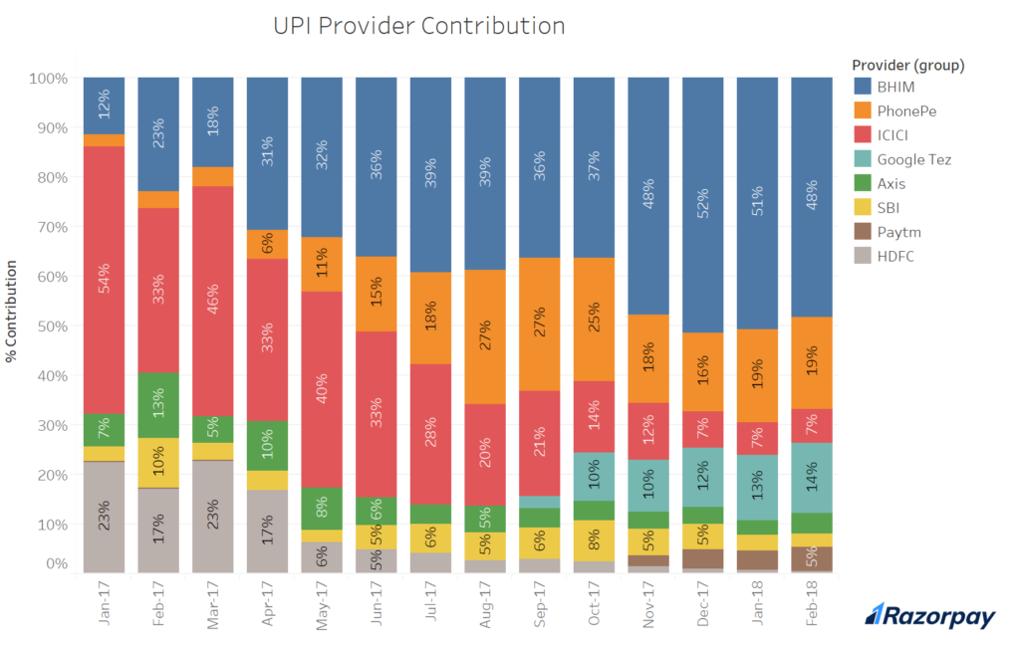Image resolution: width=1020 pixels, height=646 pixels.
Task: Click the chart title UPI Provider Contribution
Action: click(418, 26)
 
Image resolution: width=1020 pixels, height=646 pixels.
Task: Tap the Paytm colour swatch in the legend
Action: click(863, 231)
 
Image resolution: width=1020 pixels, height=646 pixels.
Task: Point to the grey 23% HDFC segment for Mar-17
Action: click(212, 517)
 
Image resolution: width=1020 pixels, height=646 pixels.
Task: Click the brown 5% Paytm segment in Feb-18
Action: click(811, 558)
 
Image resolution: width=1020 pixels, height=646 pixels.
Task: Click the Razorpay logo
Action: click(929, 617)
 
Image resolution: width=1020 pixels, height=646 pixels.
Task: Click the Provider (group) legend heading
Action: click(907, 65)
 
